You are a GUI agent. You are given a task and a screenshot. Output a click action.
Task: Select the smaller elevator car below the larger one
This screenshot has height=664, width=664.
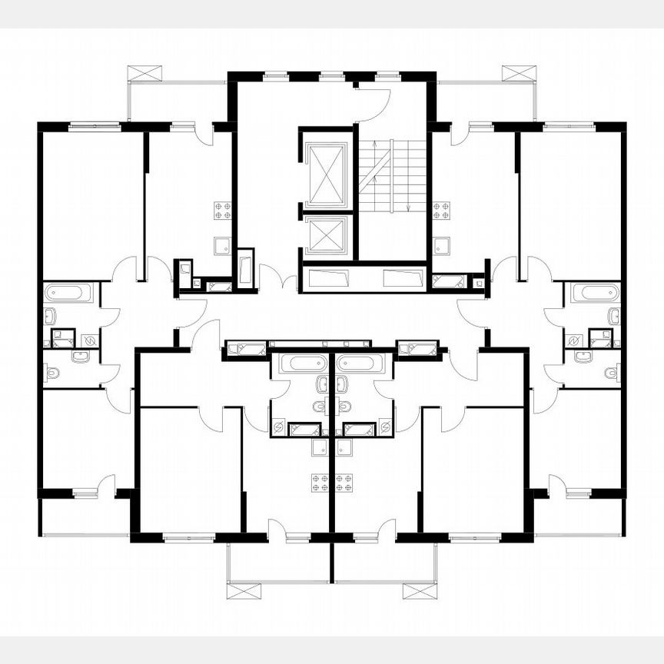click(327, 235)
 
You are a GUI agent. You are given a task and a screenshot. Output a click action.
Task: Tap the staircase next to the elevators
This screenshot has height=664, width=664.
click(392, 177)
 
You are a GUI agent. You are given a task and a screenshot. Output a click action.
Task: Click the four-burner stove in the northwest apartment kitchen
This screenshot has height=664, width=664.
click(223, 211)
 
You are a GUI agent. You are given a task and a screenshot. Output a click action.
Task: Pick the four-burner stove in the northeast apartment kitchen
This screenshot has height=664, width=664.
click(441, 211)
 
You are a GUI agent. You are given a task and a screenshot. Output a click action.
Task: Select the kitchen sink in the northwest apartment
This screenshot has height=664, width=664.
click(222, 246)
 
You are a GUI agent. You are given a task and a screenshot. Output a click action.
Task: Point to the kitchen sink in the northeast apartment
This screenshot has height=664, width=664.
click(442, 246)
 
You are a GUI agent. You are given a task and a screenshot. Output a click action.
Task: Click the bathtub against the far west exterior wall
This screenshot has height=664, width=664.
click(68, 293)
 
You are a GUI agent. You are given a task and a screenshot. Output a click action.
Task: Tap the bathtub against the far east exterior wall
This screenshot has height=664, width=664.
click(597, 293)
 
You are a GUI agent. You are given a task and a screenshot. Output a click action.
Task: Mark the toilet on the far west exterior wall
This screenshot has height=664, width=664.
click(52, 373)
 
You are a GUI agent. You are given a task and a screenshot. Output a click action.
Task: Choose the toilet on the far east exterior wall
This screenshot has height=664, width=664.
click(611, 373)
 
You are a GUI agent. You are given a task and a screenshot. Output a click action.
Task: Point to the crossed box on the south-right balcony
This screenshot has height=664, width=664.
click(420, 590)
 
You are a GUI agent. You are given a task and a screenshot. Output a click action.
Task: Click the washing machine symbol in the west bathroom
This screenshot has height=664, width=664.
click(89, 340)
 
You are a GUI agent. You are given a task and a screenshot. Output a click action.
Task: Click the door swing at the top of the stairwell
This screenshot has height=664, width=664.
click(377, 104)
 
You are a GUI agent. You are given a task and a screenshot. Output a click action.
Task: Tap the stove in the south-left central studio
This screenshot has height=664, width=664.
click(320, 483)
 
